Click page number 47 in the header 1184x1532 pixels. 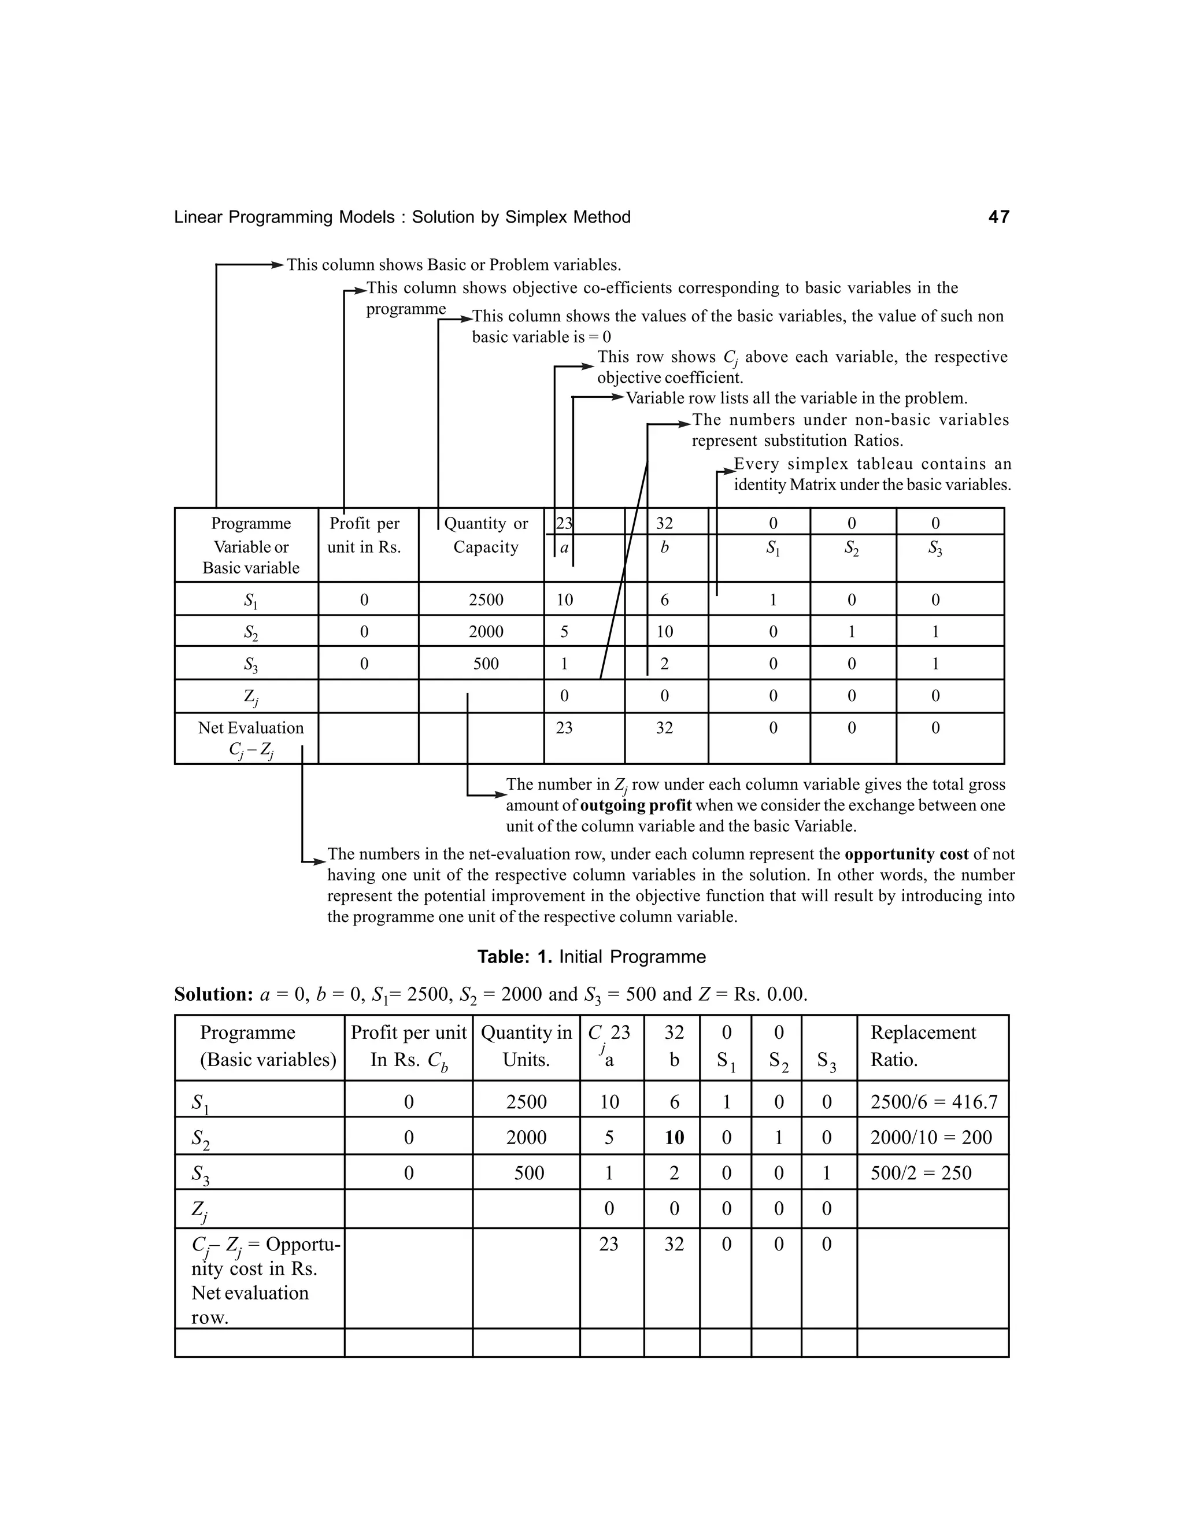tap(998, 217)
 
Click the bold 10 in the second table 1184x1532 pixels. tap(674, 1137)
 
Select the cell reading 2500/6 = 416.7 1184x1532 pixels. tap(933, 1102)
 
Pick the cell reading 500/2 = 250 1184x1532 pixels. tap(920, 1173)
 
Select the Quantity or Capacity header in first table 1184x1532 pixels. tap(486, 535)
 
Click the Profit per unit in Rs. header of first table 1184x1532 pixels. tap(364, 535)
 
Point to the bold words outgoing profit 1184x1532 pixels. tap(635, 805)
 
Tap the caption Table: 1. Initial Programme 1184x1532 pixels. tap(591, 957)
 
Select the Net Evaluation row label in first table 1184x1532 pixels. tap(250, 738)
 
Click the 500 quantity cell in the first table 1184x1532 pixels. tap(486, 664)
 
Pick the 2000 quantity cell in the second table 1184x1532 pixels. tap(526, 1137)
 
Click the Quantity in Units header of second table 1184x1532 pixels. tap(526, 1046)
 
